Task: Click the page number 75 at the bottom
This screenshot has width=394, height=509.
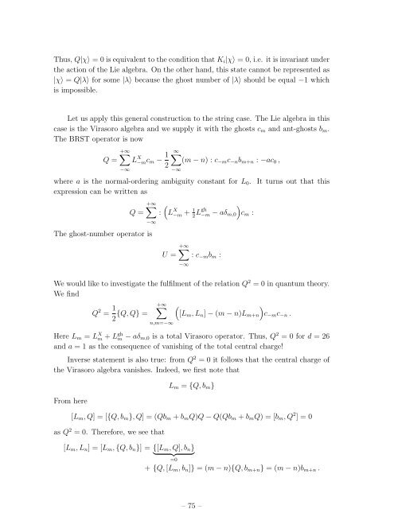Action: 197,482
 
